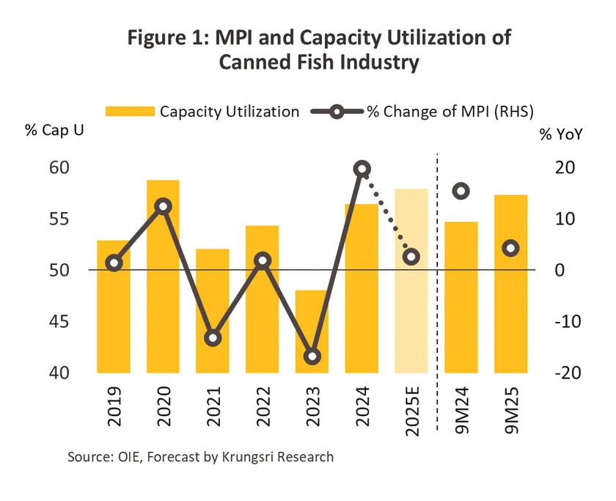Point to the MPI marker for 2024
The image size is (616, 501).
(x=362, y=169)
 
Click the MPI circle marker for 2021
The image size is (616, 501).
(x=213, y=338)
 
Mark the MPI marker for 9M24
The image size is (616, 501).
(x=461, y=191)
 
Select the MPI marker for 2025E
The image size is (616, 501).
(x=411, y=257)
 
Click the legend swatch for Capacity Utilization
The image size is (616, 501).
(x=130, y=111)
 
